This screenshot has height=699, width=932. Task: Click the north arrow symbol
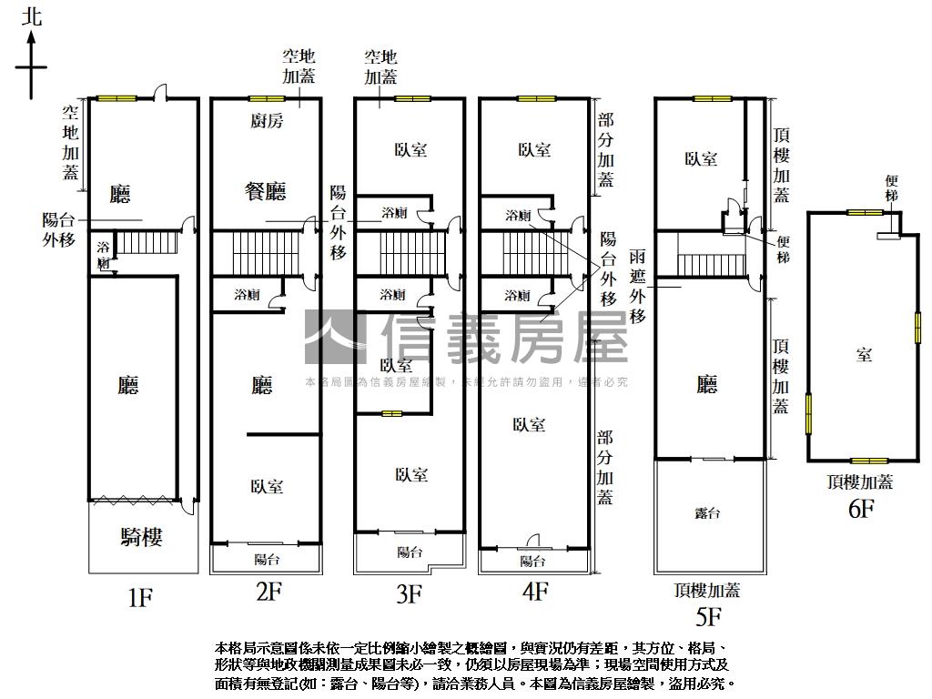(x=32, y=64)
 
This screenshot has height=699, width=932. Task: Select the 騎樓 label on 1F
(x=141, y=537)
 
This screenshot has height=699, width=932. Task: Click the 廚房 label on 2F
(x=266, y=121)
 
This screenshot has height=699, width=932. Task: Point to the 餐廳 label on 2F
(x=265, y=191)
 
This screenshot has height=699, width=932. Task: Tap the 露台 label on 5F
(x=707, y=513)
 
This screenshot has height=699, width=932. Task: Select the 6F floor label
(x=861, y=509)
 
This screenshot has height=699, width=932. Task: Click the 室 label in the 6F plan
(x=863, y=354)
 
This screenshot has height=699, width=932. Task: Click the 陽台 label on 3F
(x=410, y=552)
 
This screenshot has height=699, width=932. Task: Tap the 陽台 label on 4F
(x=532, y=561)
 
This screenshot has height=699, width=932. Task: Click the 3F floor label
(x=409, y=594)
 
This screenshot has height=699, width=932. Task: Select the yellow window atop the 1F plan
(x=117, y=98)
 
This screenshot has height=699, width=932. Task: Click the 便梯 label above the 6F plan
(x=891, y=188)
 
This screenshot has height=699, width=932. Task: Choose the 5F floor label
(x=707, y=618)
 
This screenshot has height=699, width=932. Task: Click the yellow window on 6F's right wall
(x=917, y=327)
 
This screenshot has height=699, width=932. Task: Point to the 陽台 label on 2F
(x=267, y=559)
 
